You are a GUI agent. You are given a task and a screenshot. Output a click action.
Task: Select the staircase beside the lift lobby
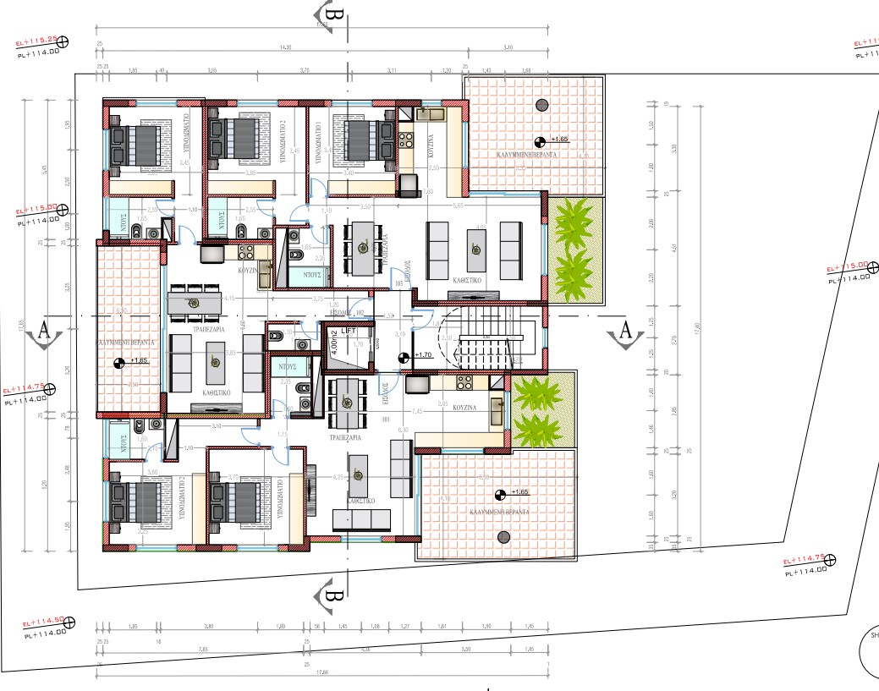coord(488,343)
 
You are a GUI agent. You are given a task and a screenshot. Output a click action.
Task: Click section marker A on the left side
coord(44,332)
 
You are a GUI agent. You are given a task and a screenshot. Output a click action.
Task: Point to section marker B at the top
coord(333,14)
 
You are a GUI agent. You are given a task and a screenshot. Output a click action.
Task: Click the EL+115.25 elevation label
coord(36,40)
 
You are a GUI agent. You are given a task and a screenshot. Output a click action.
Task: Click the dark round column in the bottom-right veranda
coord(504,535)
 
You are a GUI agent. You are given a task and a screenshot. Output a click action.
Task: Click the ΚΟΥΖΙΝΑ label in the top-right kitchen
coord(430,151)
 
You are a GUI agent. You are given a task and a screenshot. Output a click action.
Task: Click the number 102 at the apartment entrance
coord(358,312)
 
